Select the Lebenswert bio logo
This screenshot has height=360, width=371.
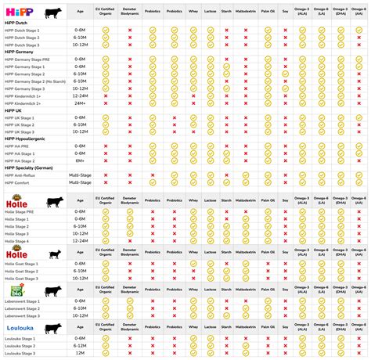[17, 290]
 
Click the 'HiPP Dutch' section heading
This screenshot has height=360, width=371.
[16, 23]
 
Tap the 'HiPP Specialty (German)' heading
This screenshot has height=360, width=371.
[30, 167]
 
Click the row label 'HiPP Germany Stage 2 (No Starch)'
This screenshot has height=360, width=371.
[34, 82]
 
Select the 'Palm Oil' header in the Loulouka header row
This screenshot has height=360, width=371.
[268, 329]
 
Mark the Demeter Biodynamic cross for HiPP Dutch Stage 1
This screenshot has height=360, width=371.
[129, 31]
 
